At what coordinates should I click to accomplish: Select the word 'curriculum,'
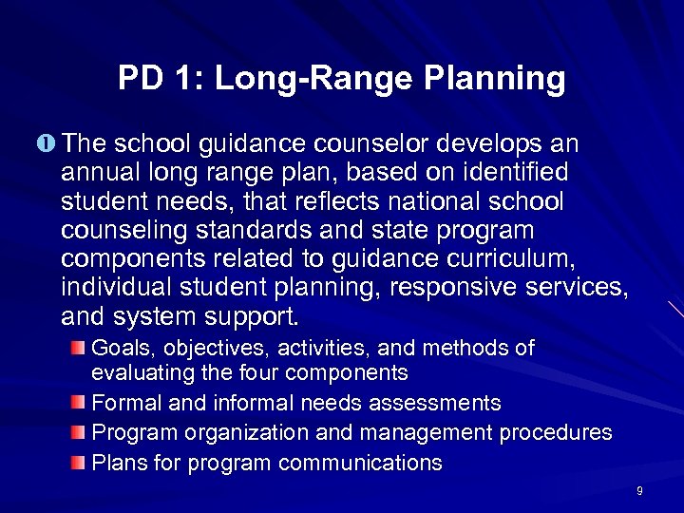coord(522,258)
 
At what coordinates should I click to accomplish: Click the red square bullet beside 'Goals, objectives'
coord(78,349)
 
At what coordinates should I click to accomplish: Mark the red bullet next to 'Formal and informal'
coord(78,403)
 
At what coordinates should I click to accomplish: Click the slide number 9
coord(639,491)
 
